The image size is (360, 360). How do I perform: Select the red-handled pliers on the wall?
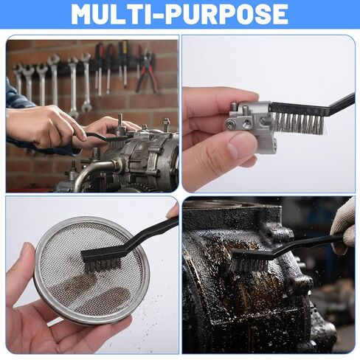point(147,70)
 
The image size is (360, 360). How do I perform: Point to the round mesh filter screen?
point(92,271)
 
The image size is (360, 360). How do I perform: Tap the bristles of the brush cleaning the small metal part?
point(300,123)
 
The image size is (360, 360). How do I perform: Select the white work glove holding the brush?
point(343,226)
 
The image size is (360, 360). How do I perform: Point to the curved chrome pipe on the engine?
point(94,170)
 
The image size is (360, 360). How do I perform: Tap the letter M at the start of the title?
point(83,14)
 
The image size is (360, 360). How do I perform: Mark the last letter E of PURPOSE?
point(280,14)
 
